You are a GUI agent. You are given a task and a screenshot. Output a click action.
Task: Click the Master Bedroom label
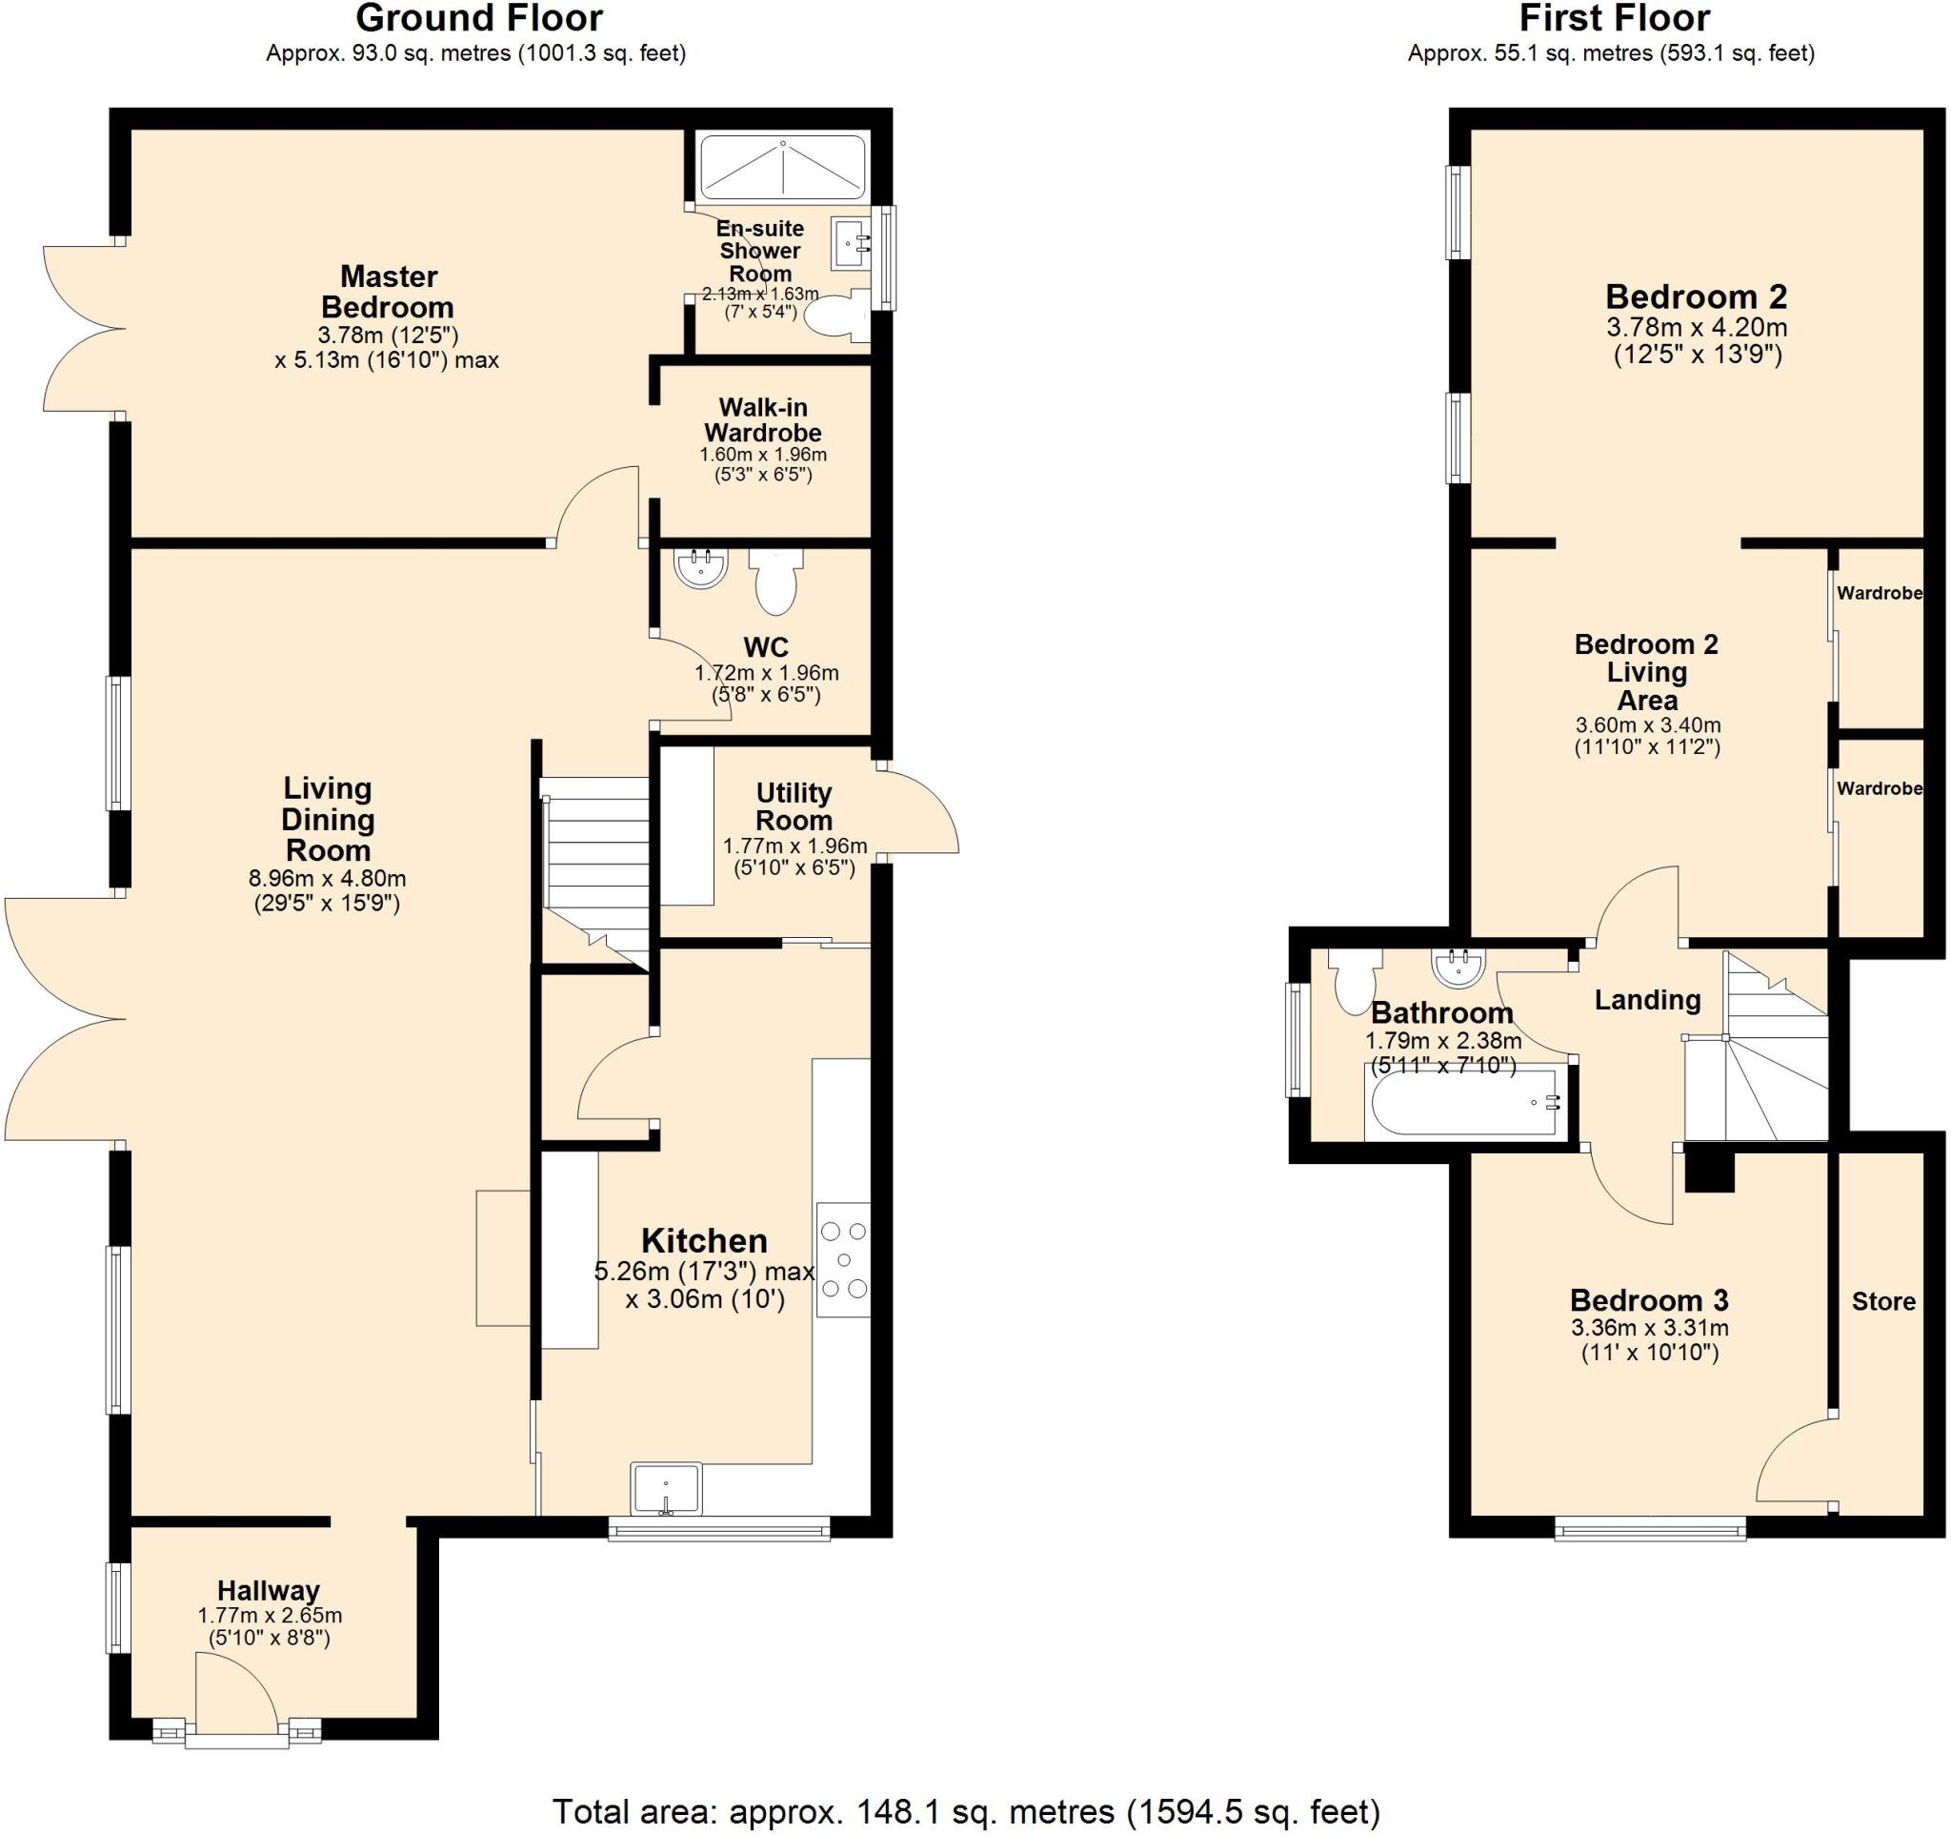tap(388, 292)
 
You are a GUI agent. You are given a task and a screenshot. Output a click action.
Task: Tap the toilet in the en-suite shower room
tap(837, 315)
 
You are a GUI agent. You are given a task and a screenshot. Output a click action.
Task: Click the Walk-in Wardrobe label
tap(762, 420)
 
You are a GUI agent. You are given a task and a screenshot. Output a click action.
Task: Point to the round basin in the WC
tap(701, 568)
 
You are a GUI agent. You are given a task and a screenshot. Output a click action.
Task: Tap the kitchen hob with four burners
tap(843, 1259)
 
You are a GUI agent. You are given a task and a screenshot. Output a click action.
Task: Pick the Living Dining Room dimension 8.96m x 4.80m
tap(327, 879)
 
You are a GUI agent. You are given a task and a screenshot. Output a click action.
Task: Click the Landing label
tap(1647, 1001)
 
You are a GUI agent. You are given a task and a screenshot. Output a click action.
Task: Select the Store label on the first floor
tap(1883, 1302)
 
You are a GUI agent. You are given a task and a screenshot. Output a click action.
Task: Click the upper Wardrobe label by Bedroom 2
tap(1879, 593)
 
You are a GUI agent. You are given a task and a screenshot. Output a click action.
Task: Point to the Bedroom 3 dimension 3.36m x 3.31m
tap(1650, 1329)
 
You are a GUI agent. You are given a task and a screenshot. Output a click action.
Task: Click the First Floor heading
tap(1615, 19)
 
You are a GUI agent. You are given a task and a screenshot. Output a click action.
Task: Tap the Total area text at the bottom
tap(966, 1811)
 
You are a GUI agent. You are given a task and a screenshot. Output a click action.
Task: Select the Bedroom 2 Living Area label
tap(1646, 673)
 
